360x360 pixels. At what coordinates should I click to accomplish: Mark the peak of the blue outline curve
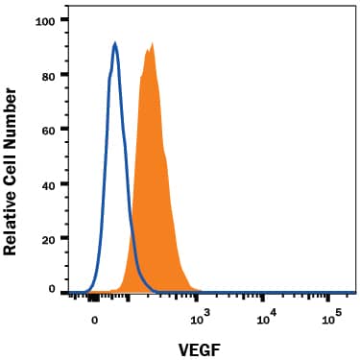click(x=115, y=43)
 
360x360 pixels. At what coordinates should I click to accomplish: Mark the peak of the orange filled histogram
click(x=150, y=44)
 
